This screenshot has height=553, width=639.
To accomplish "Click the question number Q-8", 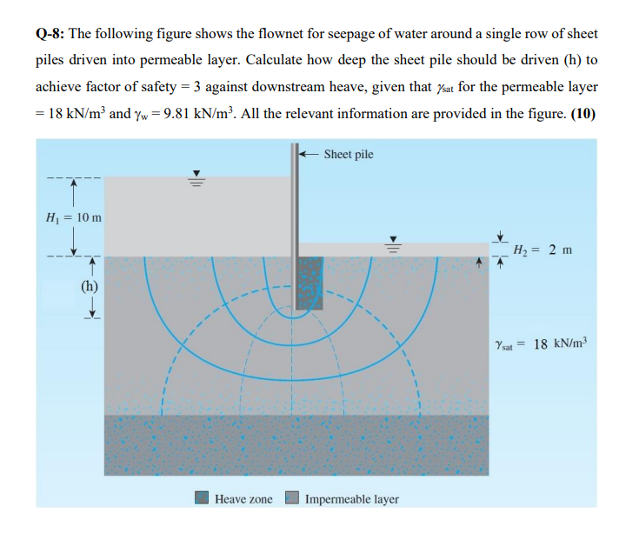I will coord(50,34).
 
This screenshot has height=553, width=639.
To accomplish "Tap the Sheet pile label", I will coord(348,154).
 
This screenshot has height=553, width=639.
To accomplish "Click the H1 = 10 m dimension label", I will coord(72,216).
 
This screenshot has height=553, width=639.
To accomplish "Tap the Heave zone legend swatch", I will coord(202,498).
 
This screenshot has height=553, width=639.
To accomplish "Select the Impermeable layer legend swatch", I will coord(293,498).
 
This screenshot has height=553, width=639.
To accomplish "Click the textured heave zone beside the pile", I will coord(310,283).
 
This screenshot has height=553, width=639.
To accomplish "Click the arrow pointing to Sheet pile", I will coord(308,154).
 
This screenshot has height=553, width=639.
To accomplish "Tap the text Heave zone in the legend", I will coord(243,499).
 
